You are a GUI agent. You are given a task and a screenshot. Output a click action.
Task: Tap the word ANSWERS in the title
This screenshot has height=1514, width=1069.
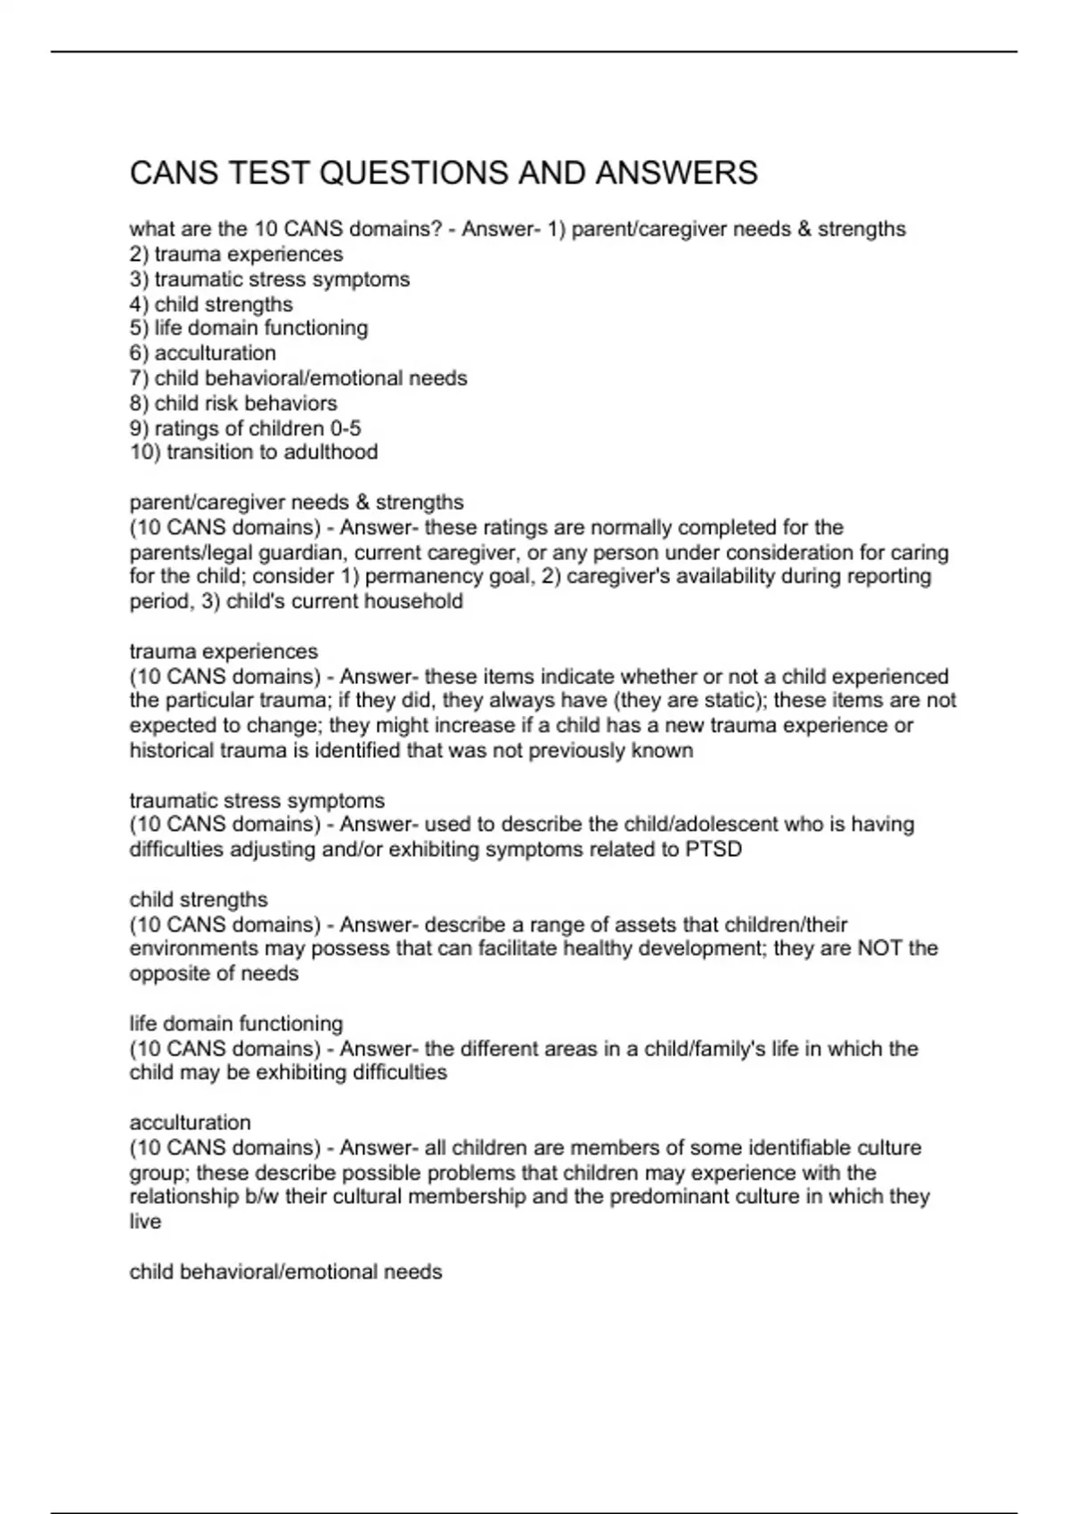tap(677, 173)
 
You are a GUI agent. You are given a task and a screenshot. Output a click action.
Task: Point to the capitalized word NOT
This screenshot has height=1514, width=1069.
tap(879, 948)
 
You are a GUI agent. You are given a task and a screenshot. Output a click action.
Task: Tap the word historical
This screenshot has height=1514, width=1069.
tap(175, 751)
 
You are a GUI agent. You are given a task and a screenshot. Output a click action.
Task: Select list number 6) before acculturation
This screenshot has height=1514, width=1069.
tap(139, 354)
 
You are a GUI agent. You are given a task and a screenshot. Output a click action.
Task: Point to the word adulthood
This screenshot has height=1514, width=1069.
tap(330, 452)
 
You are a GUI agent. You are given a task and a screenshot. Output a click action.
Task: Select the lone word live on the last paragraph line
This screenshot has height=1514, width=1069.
tap(145, 1222)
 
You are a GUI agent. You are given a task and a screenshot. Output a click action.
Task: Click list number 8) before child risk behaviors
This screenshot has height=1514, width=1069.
tap(139, 403)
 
